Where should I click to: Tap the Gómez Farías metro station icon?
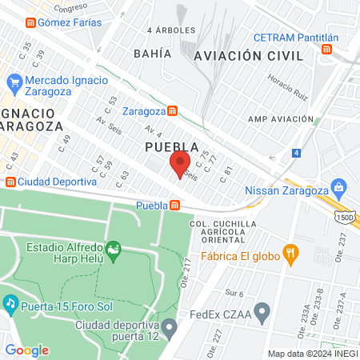tap(30, 22)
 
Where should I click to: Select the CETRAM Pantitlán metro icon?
tap(326, 50)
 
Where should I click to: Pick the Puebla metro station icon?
tap(174, 206)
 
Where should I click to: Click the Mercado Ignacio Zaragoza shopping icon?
tap(14, 82)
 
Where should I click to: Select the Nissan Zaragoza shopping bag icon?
tap(339, 189)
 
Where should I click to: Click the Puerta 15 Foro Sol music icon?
tap(10, 303)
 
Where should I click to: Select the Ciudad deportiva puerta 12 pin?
tap(169, 326)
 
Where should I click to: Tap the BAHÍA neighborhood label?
tap(154, 54)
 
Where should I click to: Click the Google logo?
tap(26, 350)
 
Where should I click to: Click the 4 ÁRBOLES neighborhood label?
tap(171, 30)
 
